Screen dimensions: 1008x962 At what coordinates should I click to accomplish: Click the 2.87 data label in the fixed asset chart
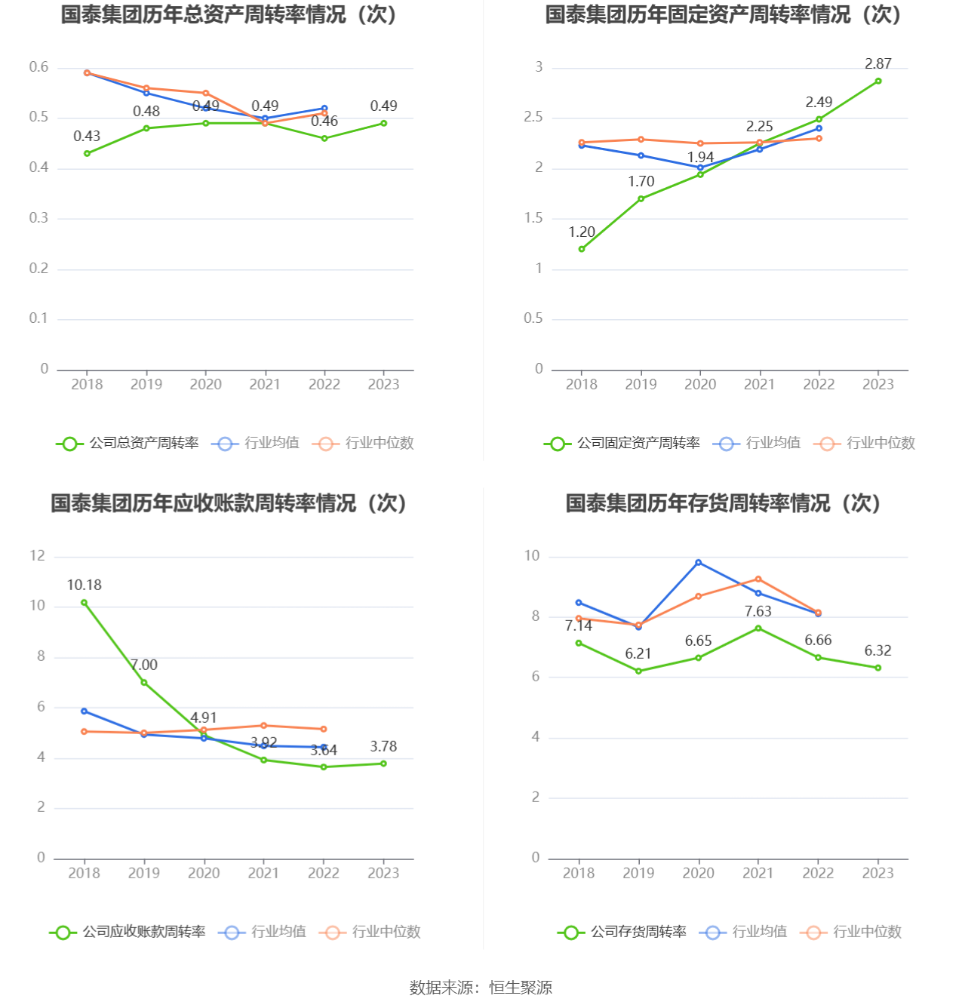[877, 64]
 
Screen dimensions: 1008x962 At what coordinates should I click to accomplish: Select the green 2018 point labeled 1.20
[582, 249]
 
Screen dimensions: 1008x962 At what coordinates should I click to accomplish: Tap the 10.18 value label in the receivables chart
[84, 585]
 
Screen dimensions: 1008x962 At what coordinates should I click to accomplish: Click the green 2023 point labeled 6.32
[877, 668]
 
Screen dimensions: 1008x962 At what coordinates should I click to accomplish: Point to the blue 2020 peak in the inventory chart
[699, 562]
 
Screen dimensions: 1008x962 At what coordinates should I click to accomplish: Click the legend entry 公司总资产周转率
[128, 444]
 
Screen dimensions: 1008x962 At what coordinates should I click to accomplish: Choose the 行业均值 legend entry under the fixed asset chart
[759, 444]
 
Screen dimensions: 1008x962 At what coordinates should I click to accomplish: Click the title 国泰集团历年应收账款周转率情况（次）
[229, 503]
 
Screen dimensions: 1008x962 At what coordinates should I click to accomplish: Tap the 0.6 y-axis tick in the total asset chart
[38, 67]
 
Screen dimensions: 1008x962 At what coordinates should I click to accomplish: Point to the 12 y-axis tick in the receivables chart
[38, 556]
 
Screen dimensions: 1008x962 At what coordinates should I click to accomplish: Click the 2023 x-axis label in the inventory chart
[877, 873]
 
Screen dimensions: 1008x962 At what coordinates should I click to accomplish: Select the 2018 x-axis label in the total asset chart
[87, 384]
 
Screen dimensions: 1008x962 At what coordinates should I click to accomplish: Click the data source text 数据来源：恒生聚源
[481, 988]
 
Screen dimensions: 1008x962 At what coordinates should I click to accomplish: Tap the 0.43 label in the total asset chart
[87, 137]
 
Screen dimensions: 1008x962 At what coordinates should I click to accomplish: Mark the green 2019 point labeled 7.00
[144, 683]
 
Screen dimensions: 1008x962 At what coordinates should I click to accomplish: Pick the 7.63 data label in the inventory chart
[758, 612]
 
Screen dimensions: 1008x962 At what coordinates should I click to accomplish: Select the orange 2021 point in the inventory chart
[758, 579]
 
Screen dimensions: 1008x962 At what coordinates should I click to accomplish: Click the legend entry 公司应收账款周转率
[128, 933]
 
